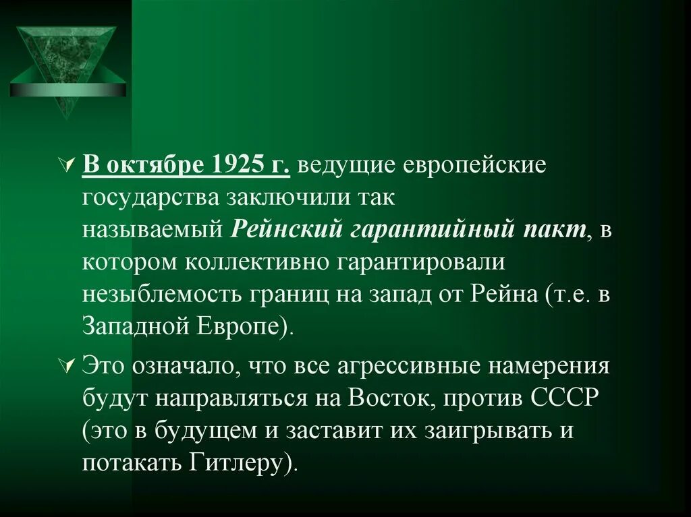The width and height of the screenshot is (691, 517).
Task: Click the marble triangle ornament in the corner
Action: tap(67, 67)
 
